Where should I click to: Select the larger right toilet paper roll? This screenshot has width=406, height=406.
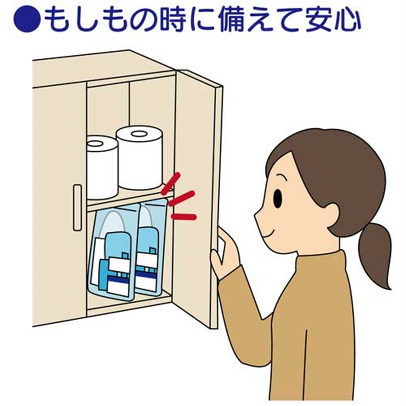pos(139,157)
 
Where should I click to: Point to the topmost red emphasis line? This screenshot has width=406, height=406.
pos(170,184)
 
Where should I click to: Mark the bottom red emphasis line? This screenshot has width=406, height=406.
pos(184,217)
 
